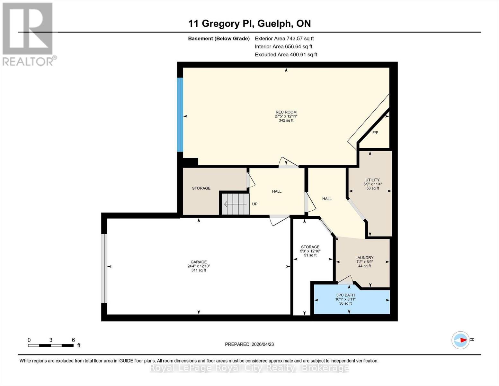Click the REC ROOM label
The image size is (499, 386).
286,112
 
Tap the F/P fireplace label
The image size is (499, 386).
375,133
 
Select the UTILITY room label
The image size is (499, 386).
372,180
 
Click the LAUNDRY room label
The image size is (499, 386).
364,258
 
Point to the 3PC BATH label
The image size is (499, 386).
345,295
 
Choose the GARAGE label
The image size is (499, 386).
199,262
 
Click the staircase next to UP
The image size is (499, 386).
236,204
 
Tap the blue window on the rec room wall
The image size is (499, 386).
180,115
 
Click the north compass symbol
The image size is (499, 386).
460,340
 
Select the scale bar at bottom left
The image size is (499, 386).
51,345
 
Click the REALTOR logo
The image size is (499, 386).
28,34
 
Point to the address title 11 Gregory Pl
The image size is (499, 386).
249,23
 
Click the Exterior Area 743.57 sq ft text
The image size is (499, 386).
284,38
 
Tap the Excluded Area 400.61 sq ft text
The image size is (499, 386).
286,54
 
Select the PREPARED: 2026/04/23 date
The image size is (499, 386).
249,344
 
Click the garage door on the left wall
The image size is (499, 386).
104,269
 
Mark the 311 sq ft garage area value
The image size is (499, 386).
199,270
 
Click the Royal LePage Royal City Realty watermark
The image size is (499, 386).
249,368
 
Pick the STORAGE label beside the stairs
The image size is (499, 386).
201,188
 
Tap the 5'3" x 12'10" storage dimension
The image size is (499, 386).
310,251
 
